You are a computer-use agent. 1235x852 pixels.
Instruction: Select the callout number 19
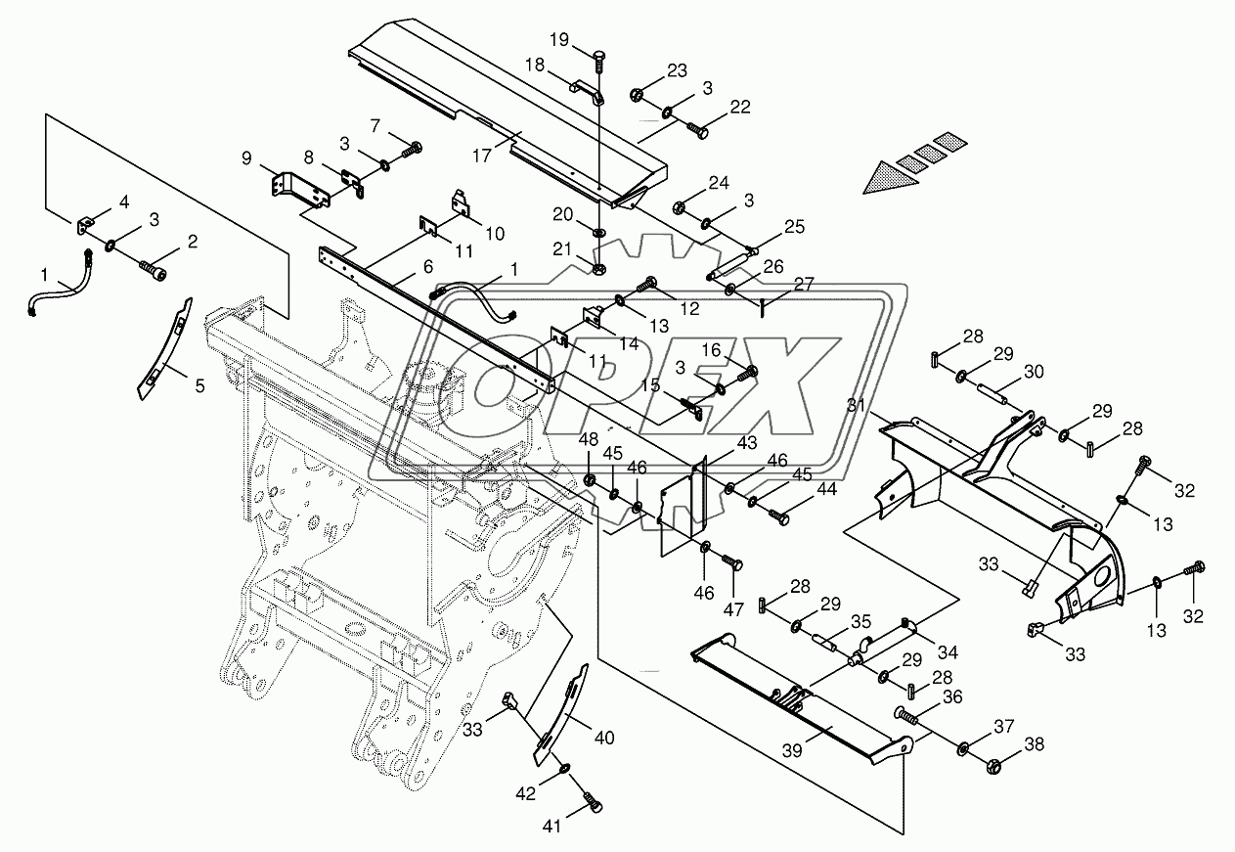pos(558,40)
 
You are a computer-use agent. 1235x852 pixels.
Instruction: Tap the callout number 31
pos(858,406)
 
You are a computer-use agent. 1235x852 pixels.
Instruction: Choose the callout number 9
pos(245,157)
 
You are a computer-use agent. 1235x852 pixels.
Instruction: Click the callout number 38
pos(1035,744)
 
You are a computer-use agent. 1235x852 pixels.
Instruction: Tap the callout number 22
pos(739,108)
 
